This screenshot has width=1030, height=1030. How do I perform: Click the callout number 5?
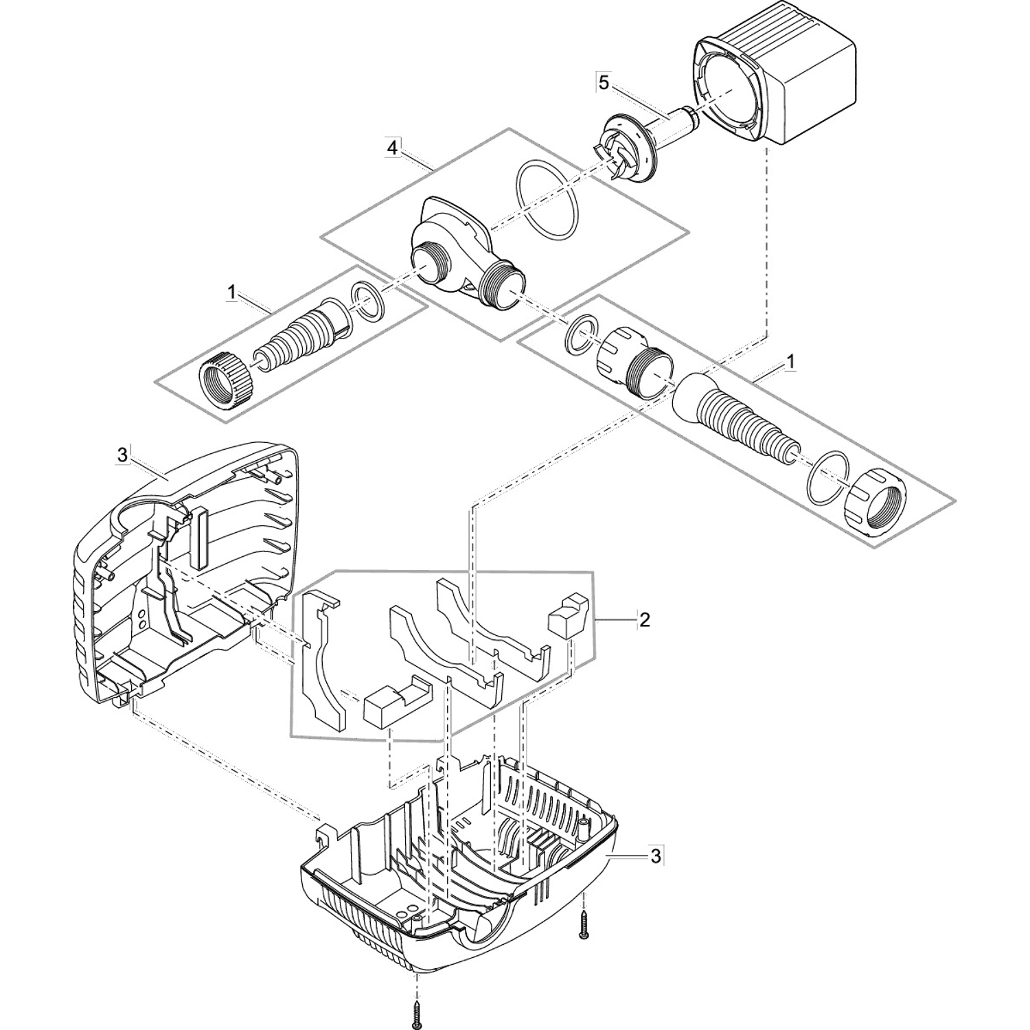click(603, 83)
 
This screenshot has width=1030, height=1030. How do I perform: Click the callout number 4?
click(392, 147)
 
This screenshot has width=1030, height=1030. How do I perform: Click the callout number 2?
click(644, 620)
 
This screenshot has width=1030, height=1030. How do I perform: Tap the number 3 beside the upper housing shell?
click(122, 455)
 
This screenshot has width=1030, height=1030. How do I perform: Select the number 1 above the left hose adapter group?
click(232, 293)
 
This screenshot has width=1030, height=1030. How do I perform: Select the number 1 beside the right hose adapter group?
click(791, 361)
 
